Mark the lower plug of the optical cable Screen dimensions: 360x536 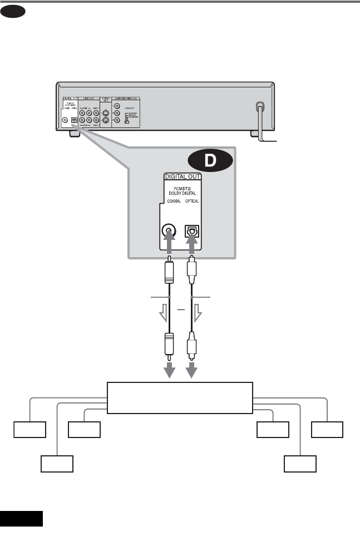click(x=190, y=345)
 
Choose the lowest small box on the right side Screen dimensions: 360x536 click(x=300, y=464)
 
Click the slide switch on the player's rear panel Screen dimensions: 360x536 click(x=127, y=121)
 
